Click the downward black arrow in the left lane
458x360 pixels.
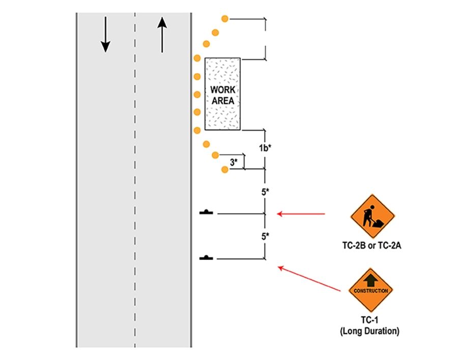pyautogui.click(x=105, y=35)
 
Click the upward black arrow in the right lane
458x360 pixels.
pyautogui.click(x=162, y=35)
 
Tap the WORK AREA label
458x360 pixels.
pyautogui.click(x=222, y=95)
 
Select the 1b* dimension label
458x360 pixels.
pyautogui.click(x=265, y=148)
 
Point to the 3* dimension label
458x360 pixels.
pyautogui.click(x=234, y=162)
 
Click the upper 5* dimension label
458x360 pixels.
pyautogui.click(x=265, y=192)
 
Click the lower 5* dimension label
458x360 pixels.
pyautogui.click(x=265, y=236)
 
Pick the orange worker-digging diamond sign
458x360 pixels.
pyautogui.click(x=373, y=216)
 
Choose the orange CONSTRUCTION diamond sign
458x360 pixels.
pyautogui.click(x=371, y=290)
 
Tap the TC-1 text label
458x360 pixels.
pyautogui.click(x=370, y=322)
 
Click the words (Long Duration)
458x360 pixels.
pyautogui.click(x=370, y=332)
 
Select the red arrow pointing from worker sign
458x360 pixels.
pyautogui.click(x=301, y=214)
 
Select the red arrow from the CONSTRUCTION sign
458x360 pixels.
pyautogui.click(x=310, y=278)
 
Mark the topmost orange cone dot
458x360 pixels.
pyautogui.click(x=224, y=19)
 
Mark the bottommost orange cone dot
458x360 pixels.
pyautogui.click(x=224, y=169)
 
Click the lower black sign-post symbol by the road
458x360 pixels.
pyautogui.click(x=207, y=257)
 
